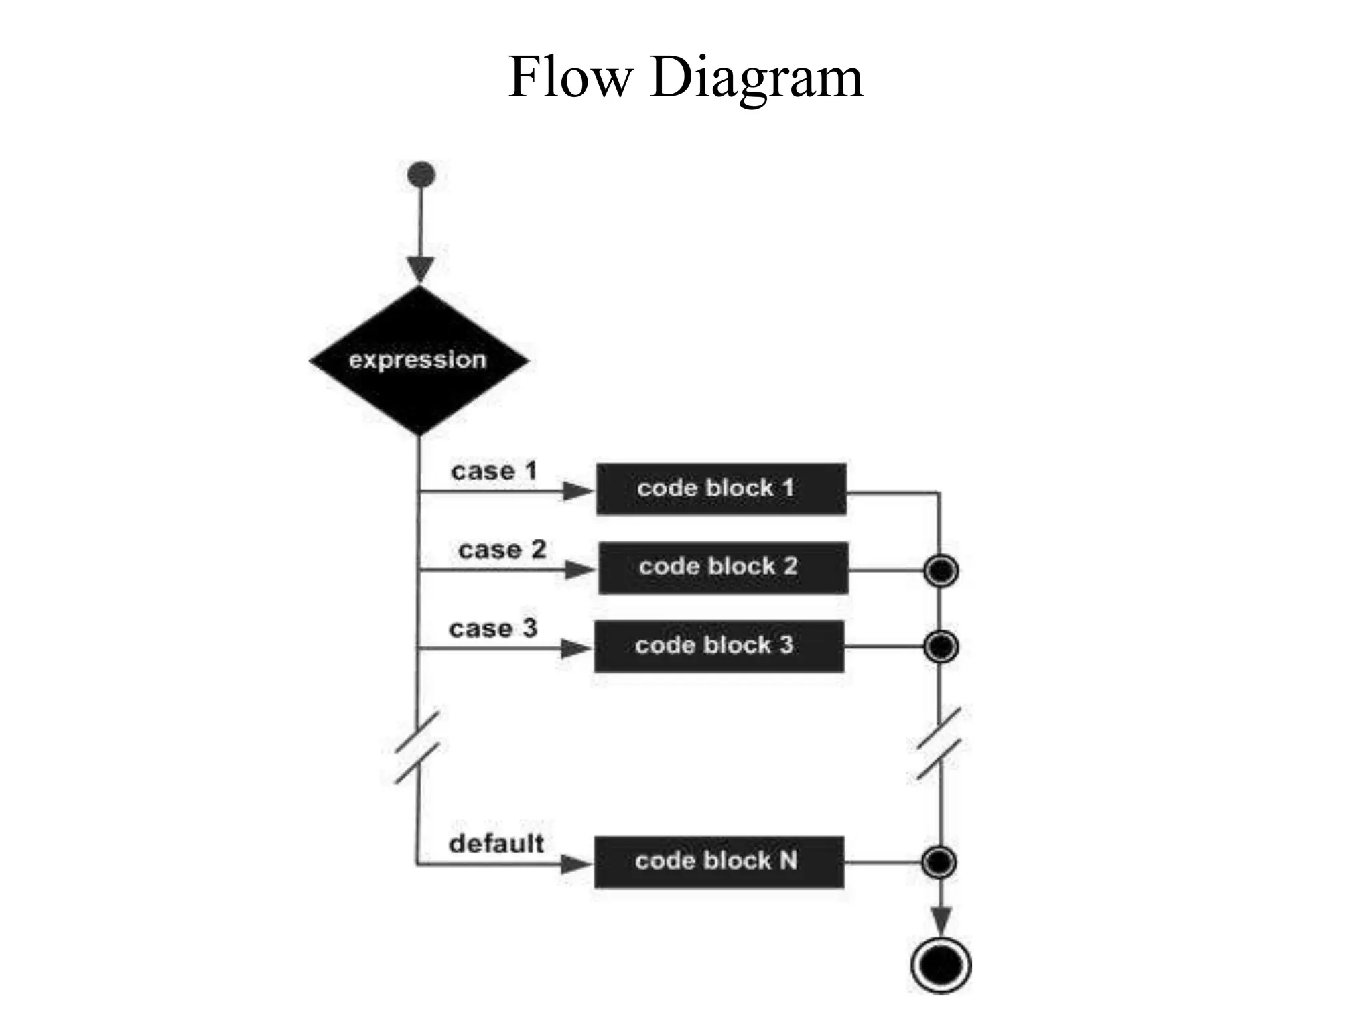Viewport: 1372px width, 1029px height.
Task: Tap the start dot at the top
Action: (421, 175)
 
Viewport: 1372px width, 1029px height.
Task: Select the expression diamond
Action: (419, 360)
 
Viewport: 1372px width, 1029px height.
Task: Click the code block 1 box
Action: (721, 489)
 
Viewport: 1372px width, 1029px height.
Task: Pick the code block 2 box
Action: (723, 568)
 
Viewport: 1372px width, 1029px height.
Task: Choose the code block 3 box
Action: (719, 646)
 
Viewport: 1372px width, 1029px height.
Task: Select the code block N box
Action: (719, 862)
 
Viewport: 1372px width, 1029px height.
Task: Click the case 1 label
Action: (494, 471)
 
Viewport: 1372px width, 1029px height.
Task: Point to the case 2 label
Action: (502, 550)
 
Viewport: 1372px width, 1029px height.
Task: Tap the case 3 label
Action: (492, 628)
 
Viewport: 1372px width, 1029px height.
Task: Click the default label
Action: (496, 844)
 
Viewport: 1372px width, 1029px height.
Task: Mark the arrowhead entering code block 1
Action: (577, 492)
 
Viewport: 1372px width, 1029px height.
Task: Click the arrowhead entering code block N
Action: (576, 864)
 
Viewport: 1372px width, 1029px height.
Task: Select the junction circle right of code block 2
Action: (941, 571)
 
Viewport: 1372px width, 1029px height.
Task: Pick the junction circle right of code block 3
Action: (941, 646)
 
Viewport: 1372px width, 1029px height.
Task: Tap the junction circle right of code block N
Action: (939, 862)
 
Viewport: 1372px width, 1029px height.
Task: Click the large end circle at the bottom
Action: (941, 965)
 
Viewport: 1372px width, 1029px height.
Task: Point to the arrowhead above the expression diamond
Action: (421, 269)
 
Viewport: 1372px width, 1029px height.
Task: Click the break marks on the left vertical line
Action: (417, 747)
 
